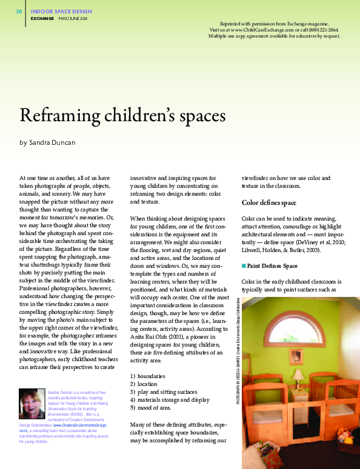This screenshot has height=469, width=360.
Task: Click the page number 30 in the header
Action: point(19,12)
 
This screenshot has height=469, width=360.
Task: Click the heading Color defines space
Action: point(269,202)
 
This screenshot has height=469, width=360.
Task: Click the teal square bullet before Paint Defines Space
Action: point(244,265)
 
